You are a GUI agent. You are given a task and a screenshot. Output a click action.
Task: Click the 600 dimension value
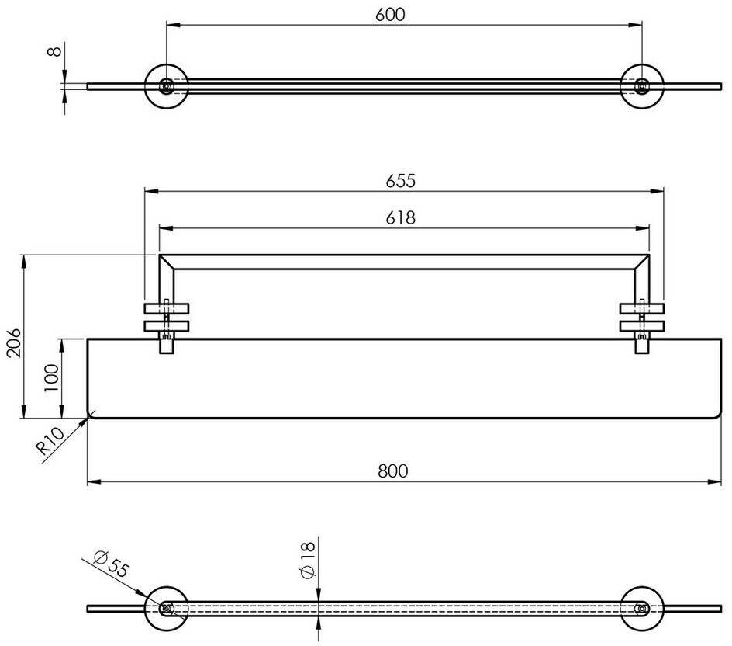click(390, 15)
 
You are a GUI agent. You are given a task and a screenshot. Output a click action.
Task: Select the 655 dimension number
click(401, 180)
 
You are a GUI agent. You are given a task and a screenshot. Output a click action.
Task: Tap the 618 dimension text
click(401, 217)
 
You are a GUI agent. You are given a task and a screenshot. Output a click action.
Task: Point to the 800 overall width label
click(393, 471)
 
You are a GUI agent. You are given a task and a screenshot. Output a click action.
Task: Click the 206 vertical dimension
click(14, 342)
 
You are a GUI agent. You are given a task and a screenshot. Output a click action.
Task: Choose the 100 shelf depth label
click(51, 378)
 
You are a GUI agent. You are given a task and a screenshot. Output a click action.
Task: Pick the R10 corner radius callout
click(50, 441)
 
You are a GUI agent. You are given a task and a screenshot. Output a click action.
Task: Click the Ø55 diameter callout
click(110, 564)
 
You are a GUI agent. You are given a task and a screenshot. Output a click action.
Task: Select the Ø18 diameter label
click(308, 561)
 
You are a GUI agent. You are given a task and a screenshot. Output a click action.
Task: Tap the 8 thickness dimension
click(54, 51)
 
